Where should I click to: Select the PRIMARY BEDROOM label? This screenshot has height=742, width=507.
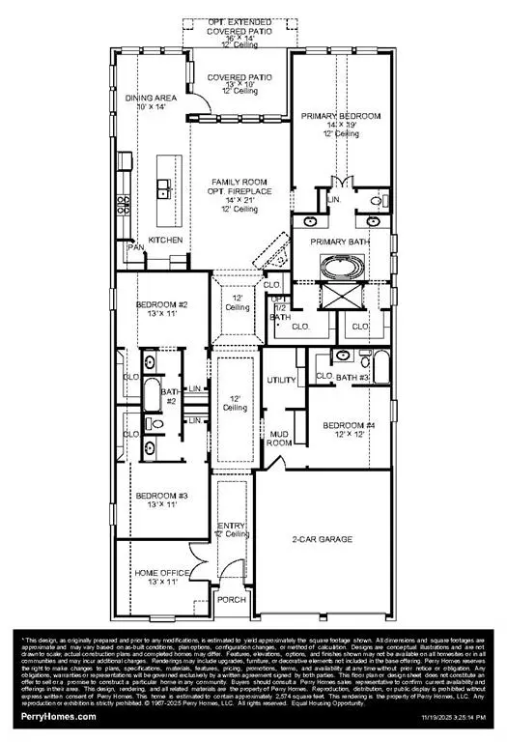point(334,117)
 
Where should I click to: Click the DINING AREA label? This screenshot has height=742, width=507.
point(153,99)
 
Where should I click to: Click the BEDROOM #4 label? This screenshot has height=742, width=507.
point(349,425)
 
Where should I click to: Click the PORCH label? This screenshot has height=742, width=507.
point(232,599)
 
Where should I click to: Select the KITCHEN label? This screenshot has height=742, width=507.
point(165,240)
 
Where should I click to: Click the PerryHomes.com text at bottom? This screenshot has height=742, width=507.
point(59,716)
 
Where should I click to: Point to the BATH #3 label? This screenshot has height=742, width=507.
point(353,376)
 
